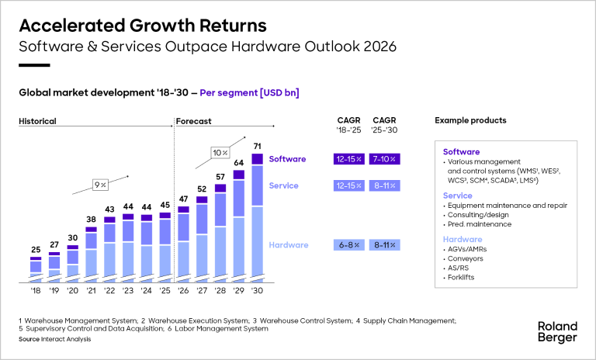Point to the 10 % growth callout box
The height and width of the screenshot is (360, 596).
pos(219,153)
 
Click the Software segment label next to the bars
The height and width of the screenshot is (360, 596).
pos(287,159)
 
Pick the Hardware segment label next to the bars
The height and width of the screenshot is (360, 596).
pos(288,245)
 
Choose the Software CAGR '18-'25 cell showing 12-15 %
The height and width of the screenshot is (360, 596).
pos(348,159)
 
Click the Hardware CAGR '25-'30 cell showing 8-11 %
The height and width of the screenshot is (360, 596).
pos(385,245)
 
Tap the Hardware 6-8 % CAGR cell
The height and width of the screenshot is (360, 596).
pos(348,245)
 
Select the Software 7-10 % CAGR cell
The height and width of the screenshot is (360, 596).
pos(385,159)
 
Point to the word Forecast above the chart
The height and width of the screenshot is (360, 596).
pos(194,121)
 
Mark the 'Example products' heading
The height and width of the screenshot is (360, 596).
pos(470,121)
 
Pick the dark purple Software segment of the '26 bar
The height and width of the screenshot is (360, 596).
pos(183,209)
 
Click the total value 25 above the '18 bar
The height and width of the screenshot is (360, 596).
pos(36,250)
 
